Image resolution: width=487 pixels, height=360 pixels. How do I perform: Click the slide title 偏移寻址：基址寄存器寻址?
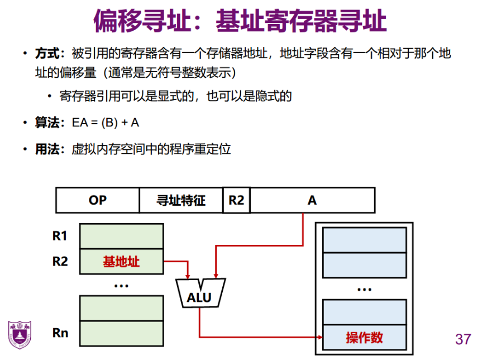[240, 21]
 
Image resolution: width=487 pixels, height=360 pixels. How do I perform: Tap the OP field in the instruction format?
[97, 200]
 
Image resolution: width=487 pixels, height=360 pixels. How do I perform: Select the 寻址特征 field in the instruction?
[180, 200]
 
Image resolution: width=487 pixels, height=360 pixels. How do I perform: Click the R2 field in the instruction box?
[236, 200]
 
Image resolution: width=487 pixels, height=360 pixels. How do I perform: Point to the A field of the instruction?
[312, 200]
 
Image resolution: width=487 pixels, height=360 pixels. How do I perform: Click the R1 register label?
[60, 236]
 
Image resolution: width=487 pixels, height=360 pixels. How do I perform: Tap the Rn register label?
[60, 333]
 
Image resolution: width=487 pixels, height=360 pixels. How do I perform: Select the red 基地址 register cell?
[122, 261]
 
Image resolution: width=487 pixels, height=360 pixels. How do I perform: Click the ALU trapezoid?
[199, 295]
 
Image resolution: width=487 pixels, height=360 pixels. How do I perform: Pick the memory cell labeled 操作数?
[364, 338]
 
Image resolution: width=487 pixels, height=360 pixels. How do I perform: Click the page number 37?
[464, 339]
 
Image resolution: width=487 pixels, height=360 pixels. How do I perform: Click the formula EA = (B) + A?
[106, 123]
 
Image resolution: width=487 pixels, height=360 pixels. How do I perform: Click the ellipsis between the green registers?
[121, 285]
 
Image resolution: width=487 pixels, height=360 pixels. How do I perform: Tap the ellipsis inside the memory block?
[364, 289]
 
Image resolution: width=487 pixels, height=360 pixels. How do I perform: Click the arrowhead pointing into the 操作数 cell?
[320, 337]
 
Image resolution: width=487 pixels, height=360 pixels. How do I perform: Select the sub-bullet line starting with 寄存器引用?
[175, 96]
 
